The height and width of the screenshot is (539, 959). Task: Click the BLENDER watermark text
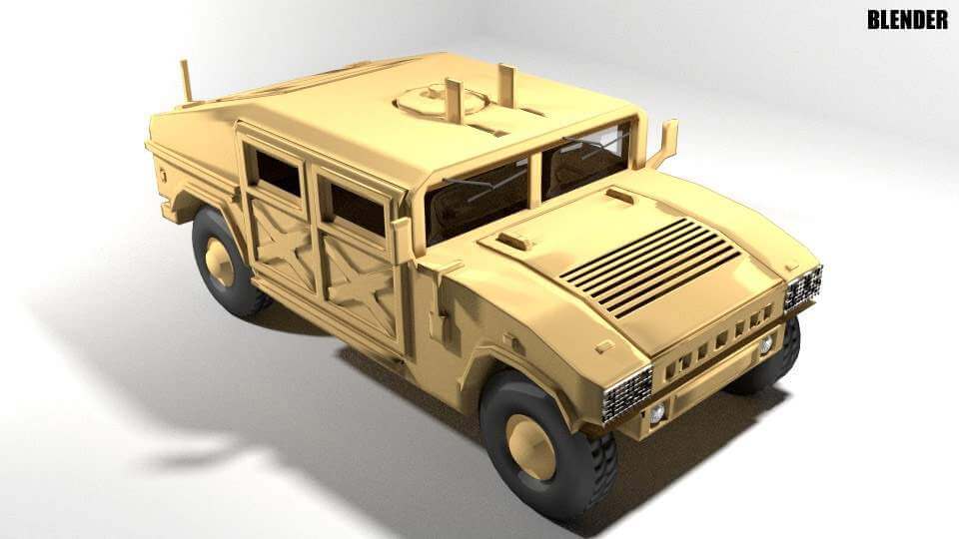click(907, 19)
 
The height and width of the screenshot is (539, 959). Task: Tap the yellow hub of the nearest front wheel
click(531, 446)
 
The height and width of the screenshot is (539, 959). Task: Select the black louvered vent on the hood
click(650, 267)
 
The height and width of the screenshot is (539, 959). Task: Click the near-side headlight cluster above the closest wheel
click(627, 393)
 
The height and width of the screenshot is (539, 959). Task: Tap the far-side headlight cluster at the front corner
click(803, 286)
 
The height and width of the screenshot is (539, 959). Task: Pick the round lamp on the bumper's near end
click(657, 412)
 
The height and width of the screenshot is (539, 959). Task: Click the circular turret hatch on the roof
click(440, 100)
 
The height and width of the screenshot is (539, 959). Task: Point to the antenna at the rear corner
click(186, 81)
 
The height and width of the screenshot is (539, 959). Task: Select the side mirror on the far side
click(664, 142)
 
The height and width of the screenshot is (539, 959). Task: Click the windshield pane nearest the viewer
click(478, 197)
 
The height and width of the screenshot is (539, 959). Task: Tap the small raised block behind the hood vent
click(516, 240)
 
